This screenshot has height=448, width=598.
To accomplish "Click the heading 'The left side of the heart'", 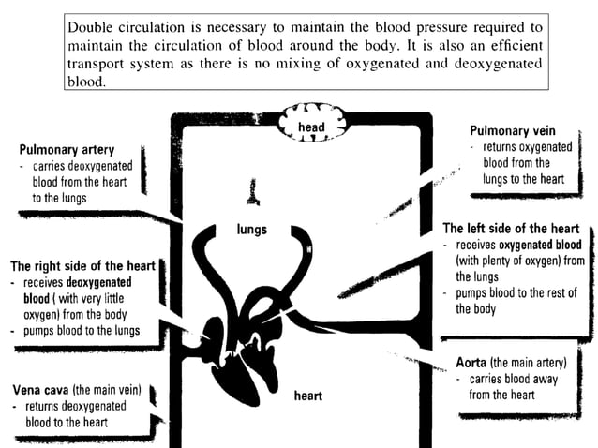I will (x=511, y=228).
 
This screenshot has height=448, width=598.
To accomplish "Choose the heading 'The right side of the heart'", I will (x=82, y=265).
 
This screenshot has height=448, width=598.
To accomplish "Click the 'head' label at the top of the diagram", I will (x=311, y=127).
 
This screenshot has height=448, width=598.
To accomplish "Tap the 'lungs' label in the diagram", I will (x=252, y=229).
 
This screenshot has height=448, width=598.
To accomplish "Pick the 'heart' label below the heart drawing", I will (x=307, y=396).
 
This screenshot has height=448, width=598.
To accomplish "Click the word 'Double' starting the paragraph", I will (x=92, y=25).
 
